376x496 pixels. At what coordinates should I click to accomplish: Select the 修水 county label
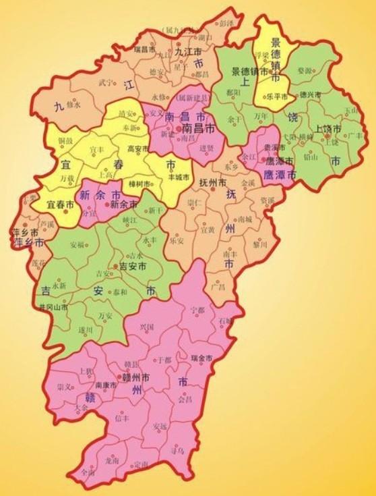pyautogui.click(x=72, y=105)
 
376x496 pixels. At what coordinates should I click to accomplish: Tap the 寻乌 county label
pyautogui.click(x=178, y=448)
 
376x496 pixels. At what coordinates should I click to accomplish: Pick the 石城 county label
pyautogui.click(x=224, y=321)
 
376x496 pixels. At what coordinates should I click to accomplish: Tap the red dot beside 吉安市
pyautogui.click(x=115, y=267)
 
